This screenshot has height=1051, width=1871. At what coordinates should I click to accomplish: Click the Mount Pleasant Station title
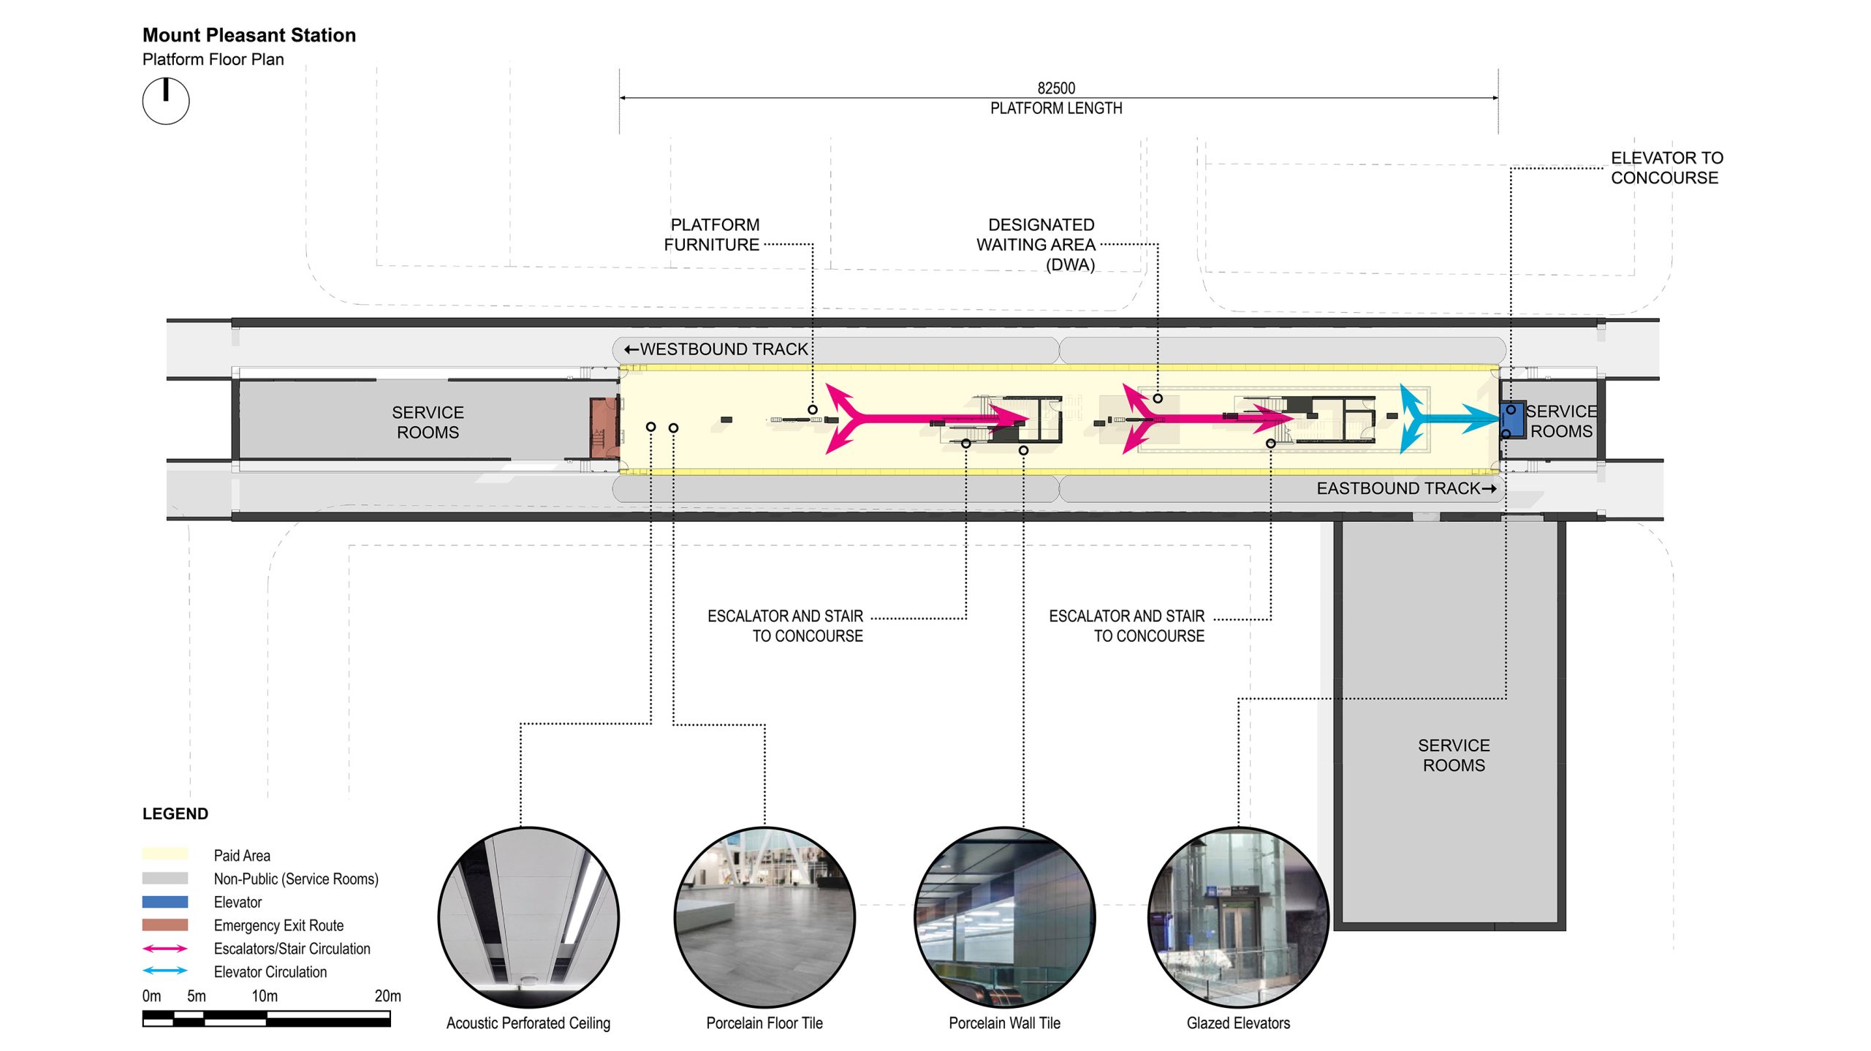[248, 35]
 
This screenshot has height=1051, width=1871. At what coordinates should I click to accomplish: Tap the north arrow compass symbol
[166, 101]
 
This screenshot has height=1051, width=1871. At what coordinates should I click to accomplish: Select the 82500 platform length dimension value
[1056, 88]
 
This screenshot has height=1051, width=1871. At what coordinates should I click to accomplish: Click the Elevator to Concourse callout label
[1666, 168]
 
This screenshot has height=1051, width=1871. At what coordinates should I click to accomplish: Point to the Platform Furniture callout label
[713, 235]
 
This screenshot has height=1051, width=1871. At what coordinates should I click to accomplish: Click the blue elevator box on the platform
[1512, 420]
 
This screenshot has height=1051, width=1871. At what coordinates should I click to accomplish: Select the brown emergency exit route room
[604, 427]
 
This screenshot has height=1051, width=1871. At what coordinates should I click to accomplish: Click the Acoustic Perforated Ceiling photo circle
[528, 917]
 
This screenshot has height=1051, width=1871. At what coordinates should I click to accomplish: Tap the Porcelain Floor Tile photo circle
[764, 917]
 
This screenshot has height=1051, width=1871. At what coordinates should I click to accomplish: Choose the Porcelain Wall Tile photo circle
[1004, 917]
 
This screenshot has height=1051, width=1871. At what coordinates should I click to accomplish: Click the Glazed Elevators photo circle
[1238, 917]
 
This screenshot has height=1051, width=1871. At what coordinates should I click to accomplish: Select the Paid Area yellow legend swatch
[165, 854]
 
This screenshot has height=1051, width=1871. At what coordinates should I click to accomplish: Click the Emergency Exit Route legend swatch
[165, 925]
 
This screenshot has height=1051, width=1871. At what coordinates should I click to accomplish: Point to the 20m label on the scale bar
[387, 995]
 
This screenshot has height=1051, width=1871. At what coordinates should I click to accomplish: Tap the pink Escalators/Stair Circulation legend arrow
[165, 949]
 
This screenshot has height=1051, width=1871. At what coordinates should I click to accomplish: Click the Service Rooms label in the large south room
[1454, 755]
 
